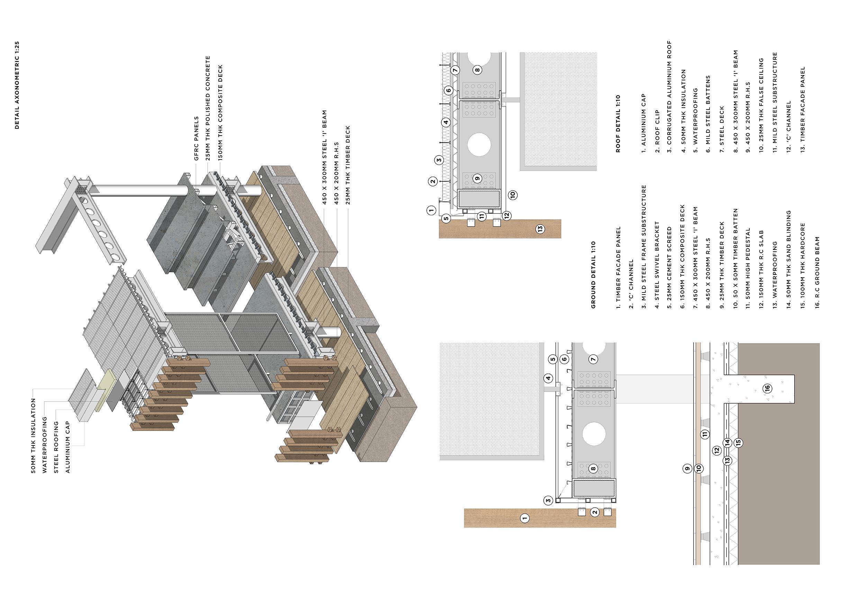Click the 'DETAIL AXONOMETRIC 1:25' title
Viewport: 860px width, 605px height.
pyautogui.click(x=17, y=85)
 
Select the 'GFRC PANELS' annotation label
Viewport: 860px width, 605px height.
pyautogui.click(x=197, y=138)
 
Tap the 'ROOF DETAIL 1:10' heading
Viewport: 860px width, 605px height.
pyautogui.click(x=618, y=124)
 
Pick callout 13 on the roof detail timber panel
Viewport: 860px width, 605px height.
pyautogui.click(x=540, y=229)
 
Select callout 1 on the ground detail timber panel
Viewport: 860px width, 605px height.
pyautogui.click(x=525, y=518)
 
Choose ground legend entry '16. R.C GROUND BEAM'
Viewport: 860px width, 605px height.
pyautogui.click(x=817, y=272)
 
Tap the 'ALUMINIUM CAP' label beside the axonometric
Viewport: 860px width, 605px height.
pyautogui.click(x=68, y=447)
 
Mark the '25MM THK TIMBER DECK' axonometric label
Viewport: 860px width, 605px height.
pyautogui.click(x=348, y=165)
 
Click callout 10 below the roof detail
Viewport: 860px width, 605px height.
pyautogui.click(x=513, y=195)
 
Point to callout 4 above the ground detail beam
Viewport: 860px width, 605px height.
pyautogui.click(x=549, y=378)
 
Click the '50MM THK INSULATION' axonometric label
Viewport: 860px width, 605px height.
pyautogui.click(x=33, y=436)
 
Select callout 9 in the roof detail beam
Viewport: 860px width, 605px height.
pyautogui.click(x=477, y=178)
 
